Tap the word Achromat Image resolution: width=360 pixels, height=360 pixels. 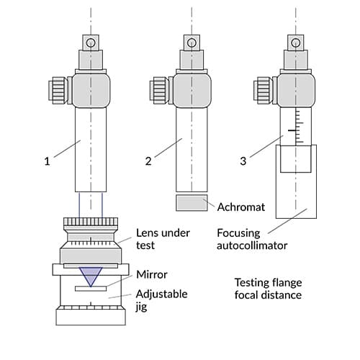[241, 207]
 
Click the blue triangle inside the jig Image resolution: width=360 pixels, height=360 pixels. [91, 274]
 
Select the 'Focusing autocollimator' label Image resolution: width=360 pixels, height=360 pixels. [252, 239]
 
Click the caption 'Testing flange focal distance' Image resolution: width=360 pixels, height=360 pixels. [268, 289]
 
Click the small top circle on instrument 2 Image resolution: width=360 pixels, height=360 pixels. [192, 43]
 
